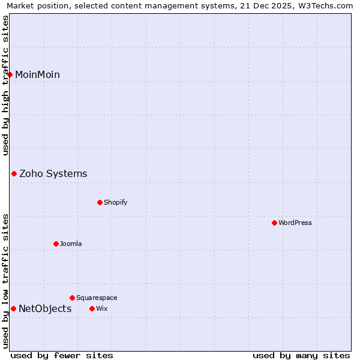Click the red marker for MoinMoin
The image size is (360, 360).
pos(10,74)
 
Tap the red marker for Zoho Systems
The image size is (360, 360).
pos(14,173)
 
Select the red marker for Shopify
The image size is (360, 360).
pos(100,202)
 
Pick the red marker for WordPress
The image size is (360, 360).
pos(274,223)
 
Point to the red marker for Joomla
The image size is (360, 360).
pos(56,244)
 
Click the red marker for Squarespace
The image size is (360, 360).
pos(72,298)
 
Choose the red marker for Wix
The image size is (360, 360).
pos(92,308)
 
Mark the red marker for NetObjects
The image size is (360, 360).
pos(13,308)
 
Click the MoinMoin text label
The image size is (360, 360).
pos(37,74)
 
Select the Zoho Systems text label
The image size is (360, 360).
pos(53,173)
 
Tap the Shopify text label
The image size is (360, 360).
pos(115,202)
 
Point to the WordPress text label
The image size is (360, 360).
pos(295,223)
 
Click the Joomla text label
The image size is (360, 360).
pos(71,244)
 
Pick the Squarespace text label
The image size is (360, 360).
pos(97,298)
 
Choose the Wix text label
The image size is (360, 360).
pos(101,308)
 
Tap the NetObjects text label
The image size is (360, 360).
pos(45,308)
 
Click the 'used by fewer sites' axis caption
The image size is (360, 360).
pos(62,355)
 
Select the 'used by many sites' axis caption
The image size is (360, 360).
pos(301,355)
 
